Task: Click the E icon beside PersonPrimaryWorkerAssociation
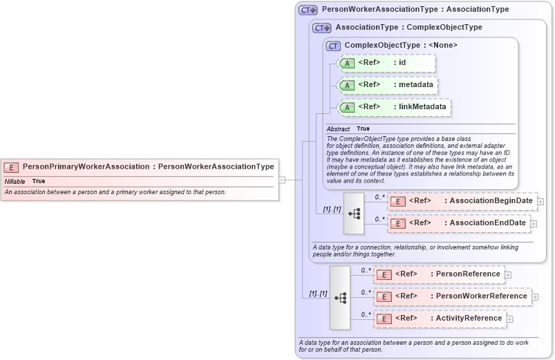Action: pos(11,167)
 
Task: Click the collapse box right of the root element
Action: pos(282,180)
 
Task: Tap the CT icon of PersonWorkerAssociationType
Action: pos(308,10)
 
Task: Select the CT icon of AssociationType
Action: pos(322,28)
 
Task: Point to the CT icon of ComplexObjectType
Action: pos(334,46)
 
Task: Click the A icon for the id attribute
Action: pos(348,63)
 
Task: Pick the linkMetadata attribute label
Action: pos(420,107)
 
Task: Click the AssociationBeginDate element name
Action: pos(491,201)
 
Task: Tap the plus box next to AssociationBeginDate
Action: pos(540,202)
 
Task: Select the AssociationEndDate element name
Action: pos(488,223)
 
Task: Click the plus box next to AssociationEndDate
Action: pos(534,224)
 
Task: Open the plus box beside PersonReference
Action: pos(508,274)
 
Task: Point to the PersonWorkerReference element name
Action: pos(479,296)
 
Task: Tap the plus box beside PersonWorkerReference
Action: pos(535,297)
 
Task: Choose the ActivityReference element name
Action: pos(469,319)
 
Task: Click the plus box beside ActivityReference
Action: pos(509,319)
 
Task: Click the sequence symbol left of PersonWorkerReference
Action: pos(340,297)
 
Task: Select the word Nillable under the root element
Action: pos(15,181)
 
